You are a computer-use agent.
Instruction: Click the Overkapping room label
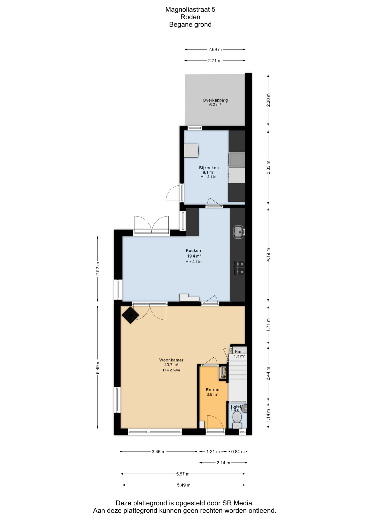tap(215, 100)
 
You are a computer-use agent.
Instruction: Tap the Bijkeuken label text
tap(209, 168)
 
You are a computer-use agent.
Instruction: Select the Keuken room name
tap(193, 250)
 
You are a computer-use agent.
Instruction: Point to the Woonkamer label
tap(171, 360)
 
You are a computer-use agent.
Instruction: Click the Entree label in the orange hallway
tap(212, 390)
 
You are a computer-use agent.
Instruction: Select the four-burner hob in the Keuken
tap(240, 268)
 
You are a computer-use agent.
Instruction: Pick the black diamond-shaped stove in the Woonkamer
tap(130, 315)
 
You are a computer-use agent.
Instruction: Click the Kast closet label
tap(239, 352)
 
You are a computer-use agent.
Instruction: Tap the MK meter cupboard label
tap(223, 377)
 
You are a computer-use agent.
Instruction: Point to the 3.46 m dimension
tap(159, 452)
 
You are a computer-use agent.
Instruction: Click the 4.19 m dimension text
tap(268, 255)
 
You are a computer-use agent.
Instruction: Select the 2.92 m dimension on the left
tap(98, 269)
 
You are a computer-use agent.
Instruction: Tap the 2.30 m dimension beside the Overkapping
tap(268, 100)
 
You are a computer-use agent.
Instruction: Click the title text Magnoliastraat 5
tap(190, 9)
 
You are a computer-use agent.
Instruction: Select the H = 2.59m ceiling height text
tap(171, 370)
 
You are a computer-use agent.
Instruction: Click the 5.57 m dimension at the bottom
tap(183, 474)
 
